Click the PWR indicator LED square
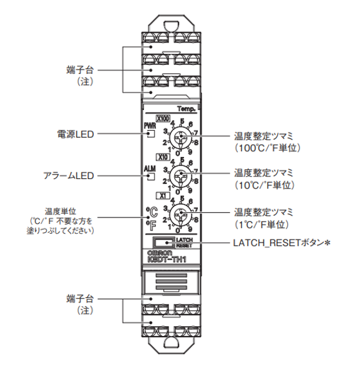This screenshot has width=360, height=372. pos(151,134)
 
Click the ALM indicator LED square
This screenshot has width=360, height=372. pos(151,176)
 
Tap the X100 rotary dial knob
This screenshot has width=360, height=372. pos(181,137)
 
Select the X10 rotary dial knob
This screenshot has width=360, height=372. pos(181,176)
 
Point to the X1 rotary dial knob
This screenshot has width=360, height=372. pos(181,214)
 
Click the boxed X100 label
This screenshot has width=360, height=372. pos(163,118)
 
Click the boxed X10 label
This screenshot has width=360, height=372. pos(163,157)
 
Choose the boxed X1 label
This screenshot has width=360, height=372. pos(163,196)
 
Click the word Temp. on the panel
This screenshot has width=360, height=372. pos(186,109)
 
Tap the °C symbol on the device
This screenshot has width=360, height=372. pos(152,212)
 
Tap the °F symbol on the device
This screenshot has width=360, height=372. pos(151,226)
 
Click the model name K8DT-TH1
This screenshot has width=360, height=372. pos(167,259)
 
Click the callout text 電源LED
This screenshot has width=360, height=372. pos(76,135)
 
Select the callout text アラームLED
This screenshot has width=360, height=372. pos(69,176)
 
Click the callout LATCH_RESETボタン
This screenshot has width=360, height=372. pos(282,243)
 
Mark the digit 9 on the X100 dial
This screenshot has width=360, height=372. pos(190,152)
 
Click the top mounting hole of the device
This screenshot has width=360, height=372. pos(171,26)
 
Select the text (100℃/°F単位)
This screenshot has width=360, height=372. pos(267,148)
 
